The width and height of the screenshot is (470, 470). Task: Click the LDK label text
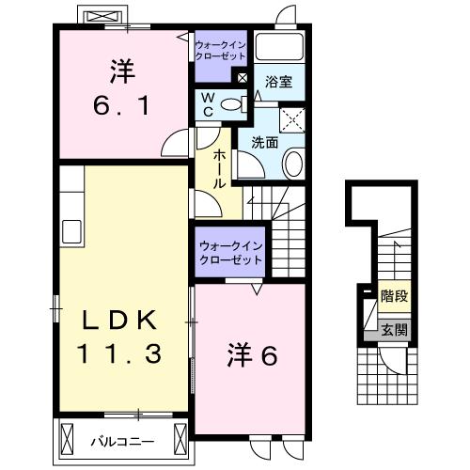pos(118,320)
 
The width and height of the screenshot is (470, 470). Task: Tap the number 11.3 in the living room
pos(118,354)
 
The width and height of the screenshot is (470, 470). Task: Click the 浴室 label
pos(278,83)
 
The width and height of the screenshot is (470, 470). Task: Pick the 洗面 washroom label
pos(262,143)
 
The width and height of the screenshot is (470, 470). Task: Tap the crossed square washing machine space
pos(295,118)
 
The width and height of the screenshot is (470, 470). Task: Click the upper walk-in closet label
pos(222,49)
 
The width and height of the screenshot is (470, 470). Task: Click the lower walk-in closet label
pos(229,253)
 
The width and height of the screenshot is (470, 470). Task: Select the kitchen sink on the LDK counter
pos(70,231)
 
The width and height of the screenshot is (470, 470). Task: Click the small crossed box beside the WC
pos(243,78)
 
